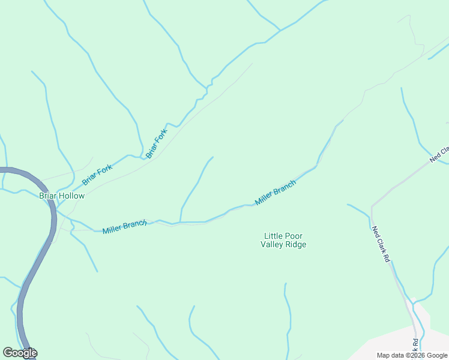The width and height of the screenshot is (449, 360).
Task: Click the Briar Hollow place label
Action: (62, 196)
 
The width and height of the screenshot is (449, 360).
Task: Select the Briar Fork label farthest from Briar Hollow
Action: (156, 143)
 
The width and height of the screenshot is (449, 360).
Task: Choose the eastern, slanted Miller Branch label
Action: (276, 193)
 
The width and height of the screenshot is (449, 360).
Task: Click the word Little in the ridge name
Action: (274, 236)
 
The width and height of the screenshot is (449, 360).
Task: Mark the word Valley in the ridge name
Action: (273, 244)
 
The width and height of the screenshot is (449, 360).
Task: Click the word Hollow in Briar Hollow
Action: (72, 196)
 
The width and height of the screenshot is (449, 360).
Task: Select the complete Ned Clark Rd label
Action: (381, 244)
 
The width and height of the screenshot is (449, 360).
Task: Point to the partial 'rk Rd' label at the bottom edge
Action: (414, 347)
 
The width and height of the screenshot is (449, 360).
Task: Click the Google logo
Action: (20, 353)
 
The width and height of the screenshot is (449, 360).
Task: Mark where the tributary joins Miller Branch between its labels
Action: (180, 222)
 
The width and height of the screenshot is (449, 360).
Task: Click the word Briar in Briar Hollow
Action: (49, 196)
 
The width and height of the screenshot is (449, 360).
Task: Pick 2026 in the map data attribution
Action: (415, 355)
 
